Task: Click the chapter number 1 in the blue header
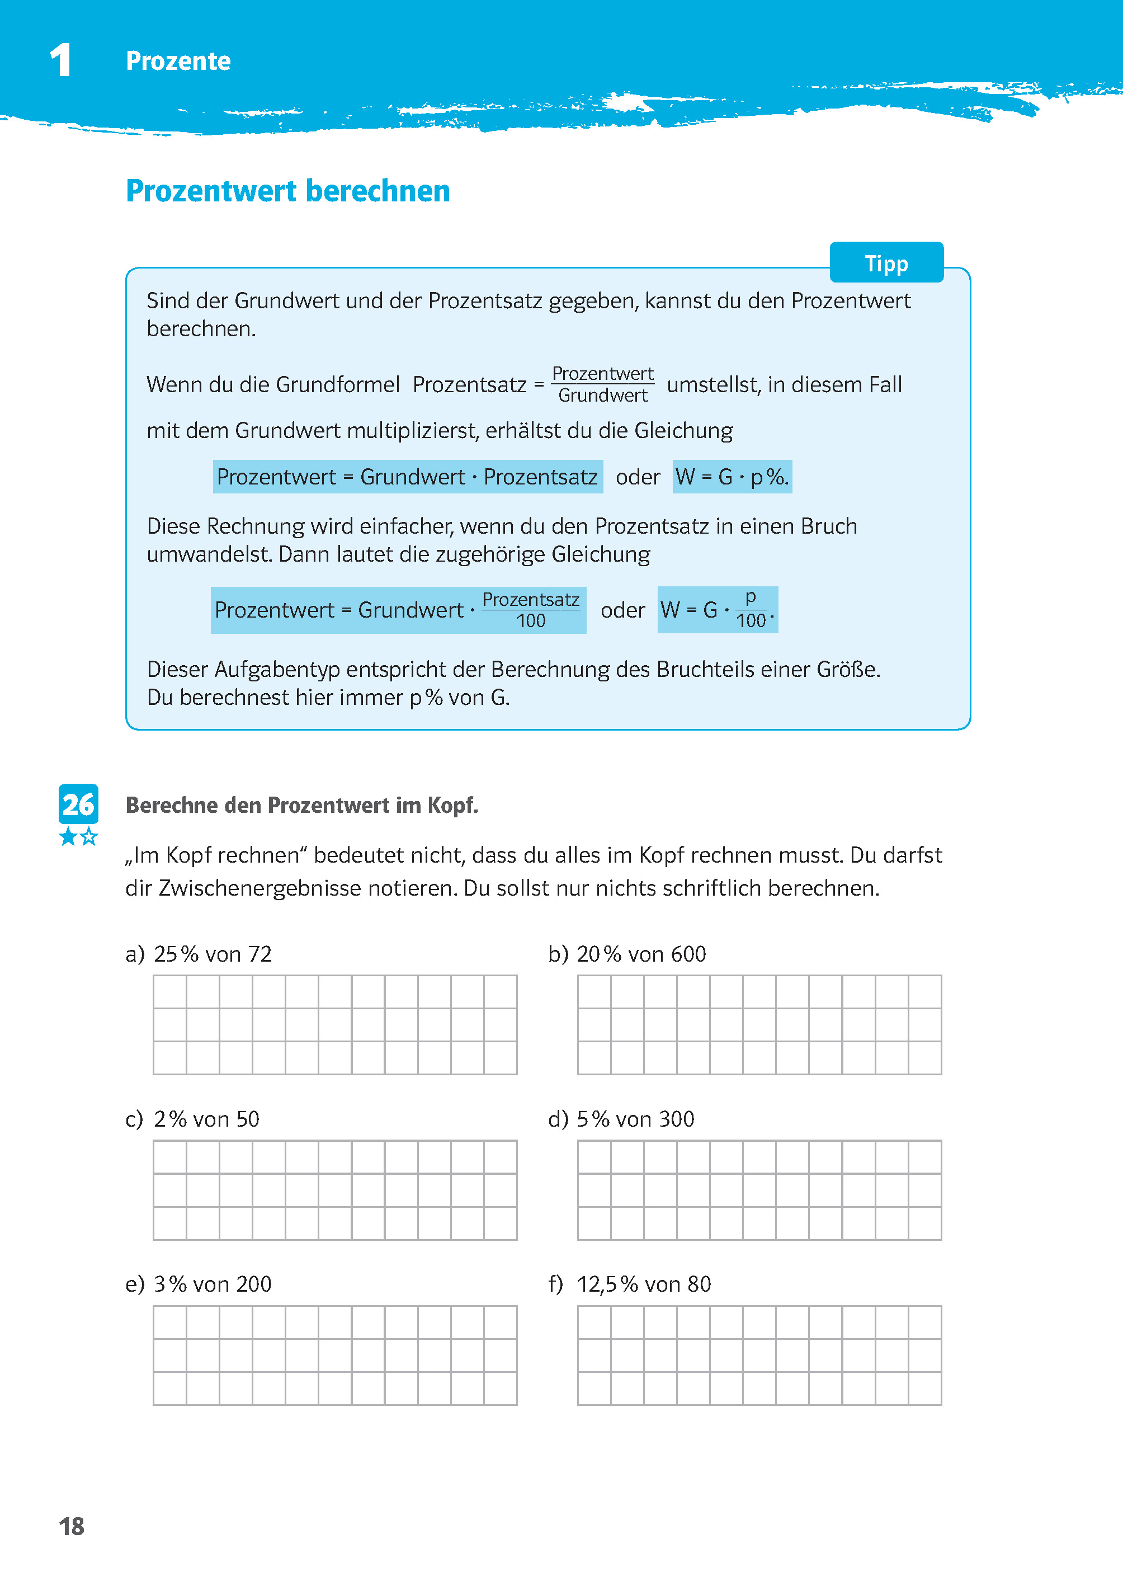(x=61, y=60)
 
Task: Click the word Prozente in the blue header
(x=178, y=62)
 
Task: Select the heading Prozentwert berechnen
(x=287, y=191)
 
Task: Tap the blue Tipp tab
(x=886, y=263)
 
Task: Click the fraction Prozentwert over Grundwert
(x=602, y=384)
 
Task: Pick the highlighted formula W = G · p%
(x=732, y=477)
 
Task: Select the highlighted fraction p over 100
(x=751, y=609)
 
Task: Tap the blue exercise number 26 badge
(x=78, y=804)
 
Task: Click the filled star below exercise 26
(x=68, y=837)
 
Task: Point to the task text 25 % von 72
(x=213, y=954)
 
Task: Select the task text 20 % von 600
(x=641, y=954)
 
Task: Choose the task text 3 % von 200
(x=213, y=1284)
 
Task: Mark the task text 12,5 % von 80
(x=643, y=1284)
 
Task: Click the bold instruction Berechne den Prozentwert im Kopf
(x=301, y=805)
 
